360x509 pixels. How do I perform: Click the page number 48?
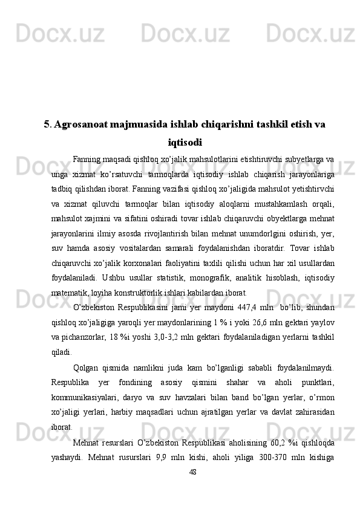(x=193, y=472)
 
